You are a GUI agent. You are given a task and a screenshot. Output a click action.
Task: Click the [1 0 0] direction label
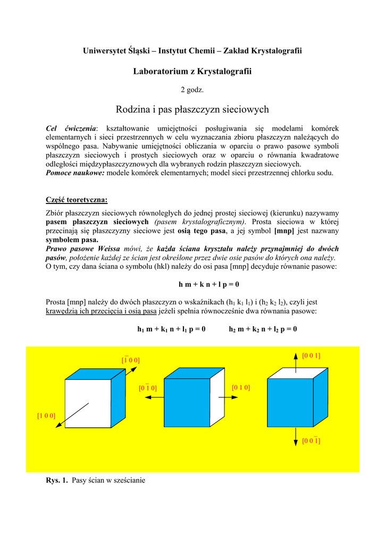(46, 415)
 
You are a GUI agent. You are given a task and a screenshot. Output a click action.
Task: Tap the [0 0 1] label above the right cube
(311, 355)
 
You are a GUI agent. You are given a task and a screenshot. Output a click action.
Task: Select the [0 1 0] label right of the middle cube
(241, 387)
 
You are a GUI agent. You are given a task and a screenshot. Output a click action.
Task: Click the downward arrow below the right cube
(296, 437)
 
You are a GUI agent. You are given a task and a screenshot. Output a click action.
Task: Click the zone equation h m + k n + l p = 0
(205, 284)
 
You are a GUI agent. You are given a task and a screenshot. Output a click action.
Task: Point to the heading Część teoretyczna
(77, 200)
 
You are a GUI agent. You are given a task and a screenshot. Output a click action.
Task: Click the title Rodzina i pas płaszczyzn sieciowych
(192, 109)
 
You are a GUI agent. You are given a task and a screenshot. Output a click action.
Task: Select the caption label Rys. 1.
(57, 480)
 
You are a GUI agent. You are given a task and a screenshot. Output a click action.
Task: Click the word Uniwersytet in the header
(104, 50)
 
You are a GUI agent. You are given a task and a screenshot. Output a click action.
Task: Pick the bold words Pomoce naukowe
(75, 173)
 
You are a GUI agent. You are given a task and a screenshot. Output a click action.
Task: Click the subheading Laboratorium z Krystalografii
(192, 71)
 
